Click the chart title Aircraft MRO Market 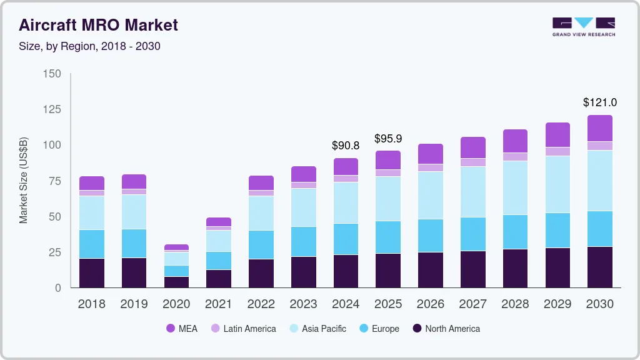tap(98, 25)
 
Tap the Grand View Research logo tap(583, 26)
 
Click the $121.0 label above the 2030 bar tap(600, 102)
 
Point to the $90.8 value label tap(346, 146)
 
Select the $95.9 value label tap(388, 138)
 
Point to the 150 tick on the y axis tap(52, 74)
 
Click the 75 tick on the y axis tap(55, 181)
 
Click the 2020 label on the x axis tap(176, 304)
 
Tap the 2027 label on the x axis tap(473, 304)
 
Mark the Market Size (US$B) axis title tap(24, 181)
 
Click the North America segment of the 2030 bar tap(600, 267)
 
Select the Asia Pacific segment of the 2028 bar tap(515, 188)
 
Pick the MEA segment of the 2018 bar tap(91, 183)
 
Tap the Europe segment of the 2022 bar tap(261, 244)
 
